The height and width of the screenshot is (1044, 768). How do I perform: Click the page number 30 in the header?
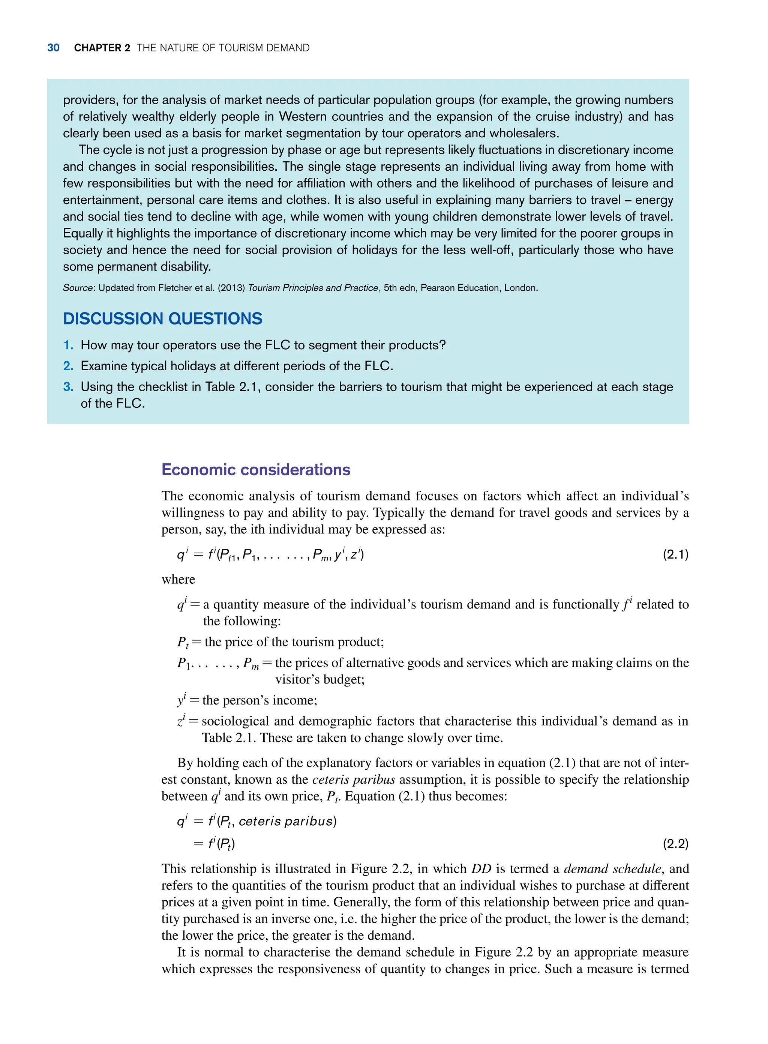coord(54,48)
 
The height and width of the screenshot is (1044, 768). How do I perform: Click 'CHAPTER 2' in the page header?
coord(102,48)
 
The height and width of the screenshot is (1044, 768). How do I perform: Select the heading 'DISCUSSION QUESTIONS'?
coord(163,318)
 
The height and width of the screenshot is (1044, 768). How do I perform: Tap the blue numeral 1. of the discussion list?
coord(68,345)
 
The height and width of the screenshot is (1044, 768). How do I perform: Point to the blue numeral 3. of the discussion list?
coord(68,387)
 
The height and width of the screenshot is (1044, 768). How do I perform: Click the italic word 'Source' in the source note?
coord(78,288)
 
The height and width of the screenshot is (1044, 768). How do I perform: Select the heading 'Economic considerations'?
coord(256,470)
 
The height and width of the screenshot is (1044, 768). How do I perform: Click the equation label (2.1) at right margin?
coord(675,554)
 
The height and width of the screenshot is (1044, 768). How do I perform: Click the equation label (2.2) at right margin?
coord(675,844)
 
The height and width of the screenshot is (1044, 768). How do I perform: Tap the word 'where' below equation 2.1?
coord(178,580)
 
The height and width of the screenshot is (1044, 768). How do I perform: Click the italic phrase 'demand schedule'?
coord(612,869)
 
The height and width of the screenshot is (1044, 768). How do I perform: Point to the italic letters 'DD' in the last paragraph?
coord(481,869)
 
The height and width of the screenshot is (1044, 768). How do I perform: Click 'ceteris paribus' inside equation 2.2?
coord(285,821)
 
